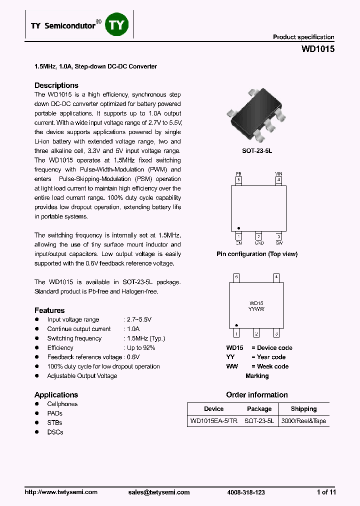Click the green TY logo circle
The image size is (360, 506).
click(x=117, y=25)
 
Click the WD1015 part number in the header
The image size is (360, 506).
click(x=318, y=49)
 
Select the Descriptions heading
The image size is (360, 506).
click(x=56, y=85)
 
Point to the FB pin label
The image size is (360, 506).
click(x=238, y=174)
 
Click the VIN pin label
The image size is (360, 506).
click(x=278, y=174)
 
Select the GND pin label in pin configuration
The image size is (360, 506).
click(x=258, y=243)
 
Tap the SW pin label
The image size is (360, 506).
click(x=278, y=243)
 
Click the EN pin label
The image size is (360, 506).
click(x=238, y=243)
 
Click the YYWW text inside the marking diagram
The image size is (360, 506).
click(x=256, y=309)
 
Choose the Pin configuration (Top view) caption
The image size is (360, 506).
click(x=256, y=254)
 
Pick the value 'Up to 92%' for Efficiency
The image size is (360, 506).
click(x=141, y=348)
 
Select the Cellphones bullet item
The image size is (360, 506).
click(x=62, y=404)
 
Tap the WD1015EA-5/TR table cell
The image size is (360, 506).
click(x=214, y=421)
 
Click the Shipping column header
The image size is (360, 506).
click(x=303, y=409)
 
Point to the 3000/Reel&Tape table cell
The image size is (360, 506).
click(x=303, y=421)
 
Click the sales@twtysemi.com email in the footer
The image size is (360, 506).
click(x=159, y=492)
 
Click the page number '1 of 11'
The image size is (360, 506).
click(x=326, y=492)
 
